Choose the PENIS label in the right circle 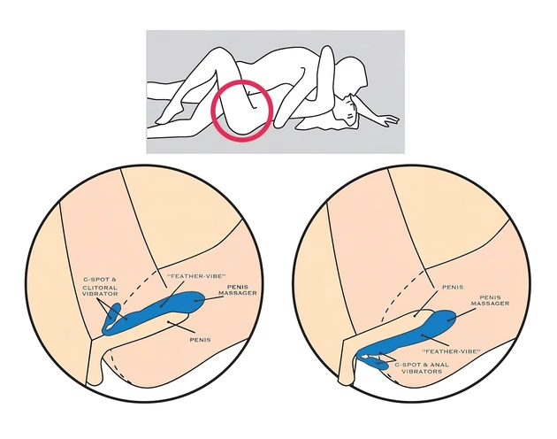453,287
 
